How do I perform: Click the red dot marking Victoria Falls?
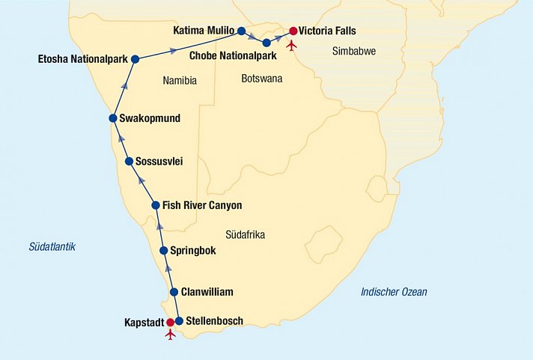click(293, 31)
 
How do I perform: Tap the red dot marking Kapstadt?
click(170, 323)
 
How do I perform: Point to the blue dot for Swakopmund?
click(113, 118)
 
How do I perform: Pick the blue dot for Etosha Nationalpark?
click(135, 59)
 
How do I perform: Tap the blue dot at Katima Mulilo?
click(241, 31)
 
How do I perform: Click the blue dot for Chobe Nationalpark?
click(266, 43)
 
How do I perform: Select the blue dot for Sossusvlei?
click(129, 161)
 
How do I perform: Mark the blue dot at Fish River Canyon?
click(155, 205)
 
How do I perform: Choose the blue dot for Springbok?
click(164, 251)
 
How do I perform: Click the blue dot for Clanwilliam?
click(174, 292)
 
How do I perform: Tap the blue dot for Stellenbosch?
click(179, 322)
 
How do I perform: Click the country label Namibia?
click(180, 81)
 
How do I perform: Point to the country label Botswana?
click(261, 77)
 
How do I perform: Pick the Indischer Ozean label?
click(393, 292)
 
